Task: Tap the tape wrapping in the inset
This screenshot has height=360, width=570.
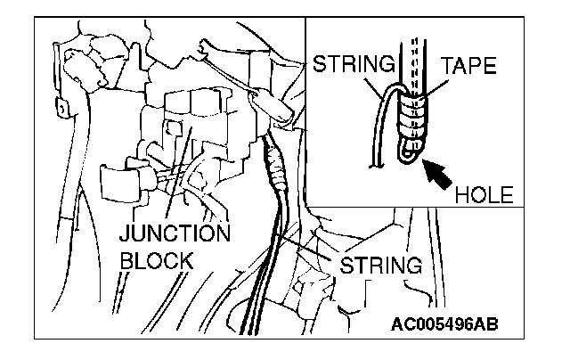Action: (x=416, y=116)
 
